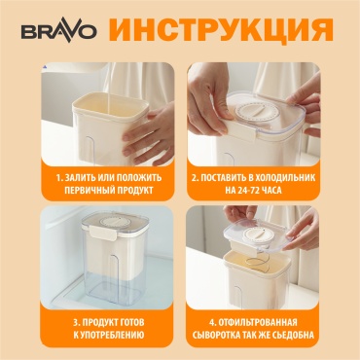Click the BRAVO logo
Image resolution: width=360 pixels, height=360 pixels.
pos(58,32)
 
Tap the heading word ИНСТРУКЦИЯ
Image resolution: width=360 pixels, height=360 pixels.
pos(222,30)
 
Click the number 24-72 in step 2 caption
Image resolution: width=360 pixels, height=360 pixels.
pos(249,191)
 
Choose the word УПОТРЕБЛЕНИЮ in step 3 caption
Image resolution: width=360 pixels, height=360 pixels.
pos(112,335)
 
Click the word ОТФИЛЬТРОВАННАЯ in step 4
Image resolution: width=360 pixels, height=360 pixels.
pos(257,323)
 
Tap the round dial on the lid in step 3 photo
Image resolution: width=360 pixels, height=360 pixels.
pos(115,221)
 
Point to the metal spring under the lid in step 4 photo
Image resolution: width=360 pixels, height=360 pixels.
pos(259,262)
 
